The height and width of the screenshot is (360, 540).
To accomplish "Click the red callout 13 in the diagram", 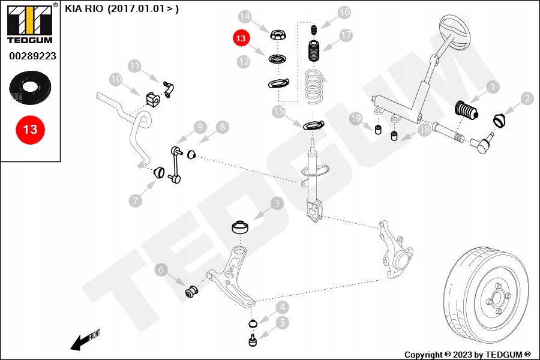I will [241, 38].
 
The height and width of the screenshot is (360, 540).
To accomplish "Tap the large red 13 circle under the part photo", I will [30, 129].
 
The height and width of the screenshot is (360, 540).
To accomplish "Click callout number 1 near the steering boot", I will [493, 87].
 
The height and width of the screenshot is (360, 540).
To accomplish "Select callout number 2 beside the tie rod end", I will [527, 98].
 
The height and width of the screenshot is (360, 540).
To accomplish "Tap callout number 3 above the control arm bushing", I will [277, 203].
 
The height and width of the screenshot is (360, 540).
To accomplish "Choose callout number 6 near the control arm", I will [161, 271].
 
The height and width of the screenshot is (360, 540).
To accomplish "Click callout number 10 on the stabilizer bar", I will [116, 79].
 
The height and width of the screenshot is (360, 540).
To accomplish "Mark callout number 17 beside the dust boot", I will [346, 35].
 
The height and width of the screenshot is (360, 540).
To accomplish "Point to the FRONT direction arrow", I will [84, 340].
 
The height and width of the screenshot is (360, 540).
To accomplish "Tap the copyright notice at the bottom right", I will [467, 355].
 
